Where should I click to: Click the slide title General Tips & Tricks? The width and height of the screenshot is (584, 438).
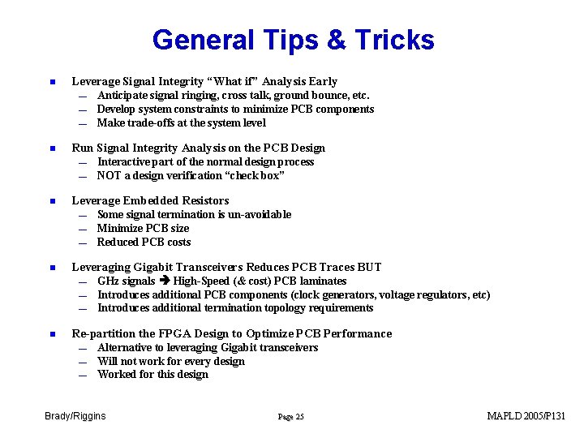pos(293,40)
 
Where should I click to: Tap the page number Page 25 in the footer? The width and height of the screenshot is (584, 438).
pos(290,417)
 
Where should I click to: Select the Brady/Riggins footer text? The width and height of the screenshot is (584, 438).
pos(75,416)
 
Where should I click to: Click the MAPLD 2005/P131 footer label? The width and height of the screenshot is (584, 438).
pos(526,416)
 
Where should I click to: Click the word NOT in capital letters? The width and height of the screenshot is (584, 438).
pos(109,175)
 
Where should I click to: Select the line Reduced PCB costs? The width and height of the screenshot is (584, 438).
pos(144,242)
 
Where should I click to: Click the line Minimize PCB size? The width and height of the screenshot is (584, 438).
pos(143,228)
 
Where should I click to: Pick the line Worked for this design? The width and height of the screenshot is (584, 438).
pos(152,374)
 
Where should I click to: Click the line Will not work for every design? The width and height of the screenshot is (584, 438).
pos(170,361)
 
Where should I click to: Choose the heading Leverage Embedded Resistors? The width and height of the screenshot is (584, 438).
pos(150,200)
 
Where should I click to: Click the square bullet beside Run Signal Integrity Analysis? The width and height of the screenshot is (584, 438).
pos(50,148)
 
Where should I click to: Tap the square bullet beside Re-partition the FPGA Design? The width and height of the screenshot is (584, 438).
pos(50,334)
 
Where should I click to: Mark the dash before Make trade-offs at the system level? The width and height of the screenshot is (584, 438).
pos(83,124)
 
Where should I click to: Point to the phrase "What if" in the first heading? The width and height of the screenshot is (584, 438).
pos(234,81)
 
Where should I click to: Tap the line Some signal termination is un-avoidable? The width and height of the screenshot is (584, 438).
pos(194,214)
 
